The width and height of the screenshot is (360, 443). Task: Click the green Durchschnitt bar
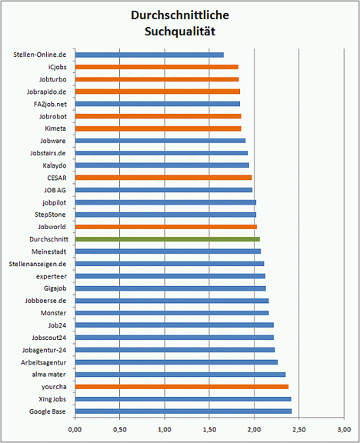[x=168, y=239]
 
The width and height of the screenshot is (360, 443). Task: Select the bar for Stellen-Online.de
[x=149, y=55]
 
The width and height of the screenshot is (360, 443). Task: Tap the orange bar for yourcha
[x=182, y=387]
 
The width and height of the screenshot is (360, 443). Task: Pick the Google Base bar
[x=183, y=411]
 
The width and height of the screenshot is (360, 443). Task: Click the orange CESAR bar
[x=164, y=178]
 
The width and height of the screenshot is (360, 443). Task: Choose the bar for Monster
[x=172, y=313]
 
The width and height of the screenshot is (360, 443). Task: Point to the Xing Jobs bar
[x=183, y=399]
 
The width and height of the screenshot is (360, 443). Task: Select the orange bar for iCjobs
[x=157, y=67]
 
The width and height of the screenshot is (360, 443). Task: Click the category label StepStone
[x=50, y=215]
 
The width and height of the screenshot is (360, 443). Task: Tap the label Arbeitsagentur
[x=44, y=362]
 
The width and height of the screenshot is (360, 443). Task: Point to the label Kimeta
[x=55, y=128]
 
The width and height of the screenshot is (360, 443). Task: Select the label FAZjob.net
[x=50, y=105]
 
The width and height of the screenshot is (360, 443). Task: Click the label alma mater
[x=49, y=375]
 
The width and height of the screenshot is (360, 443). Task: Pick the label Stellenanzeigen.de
[x=38, y=264]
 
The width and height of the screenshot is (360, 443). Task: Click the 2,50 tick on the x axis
[x=299, y=430]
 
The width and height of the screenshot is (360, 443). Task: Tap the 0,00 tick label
[x=75, y=430]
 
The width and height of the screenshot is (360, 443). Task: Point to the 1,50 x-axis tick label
[x=209, y=430]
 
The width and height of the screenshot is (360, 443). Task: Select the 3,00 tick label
[x=344, y=430]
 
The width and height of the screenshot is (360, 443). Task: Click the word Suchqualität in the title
[x=180, y=32]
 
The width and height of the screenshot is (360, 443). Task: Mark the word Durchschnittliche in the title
[x=180, y=15]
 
